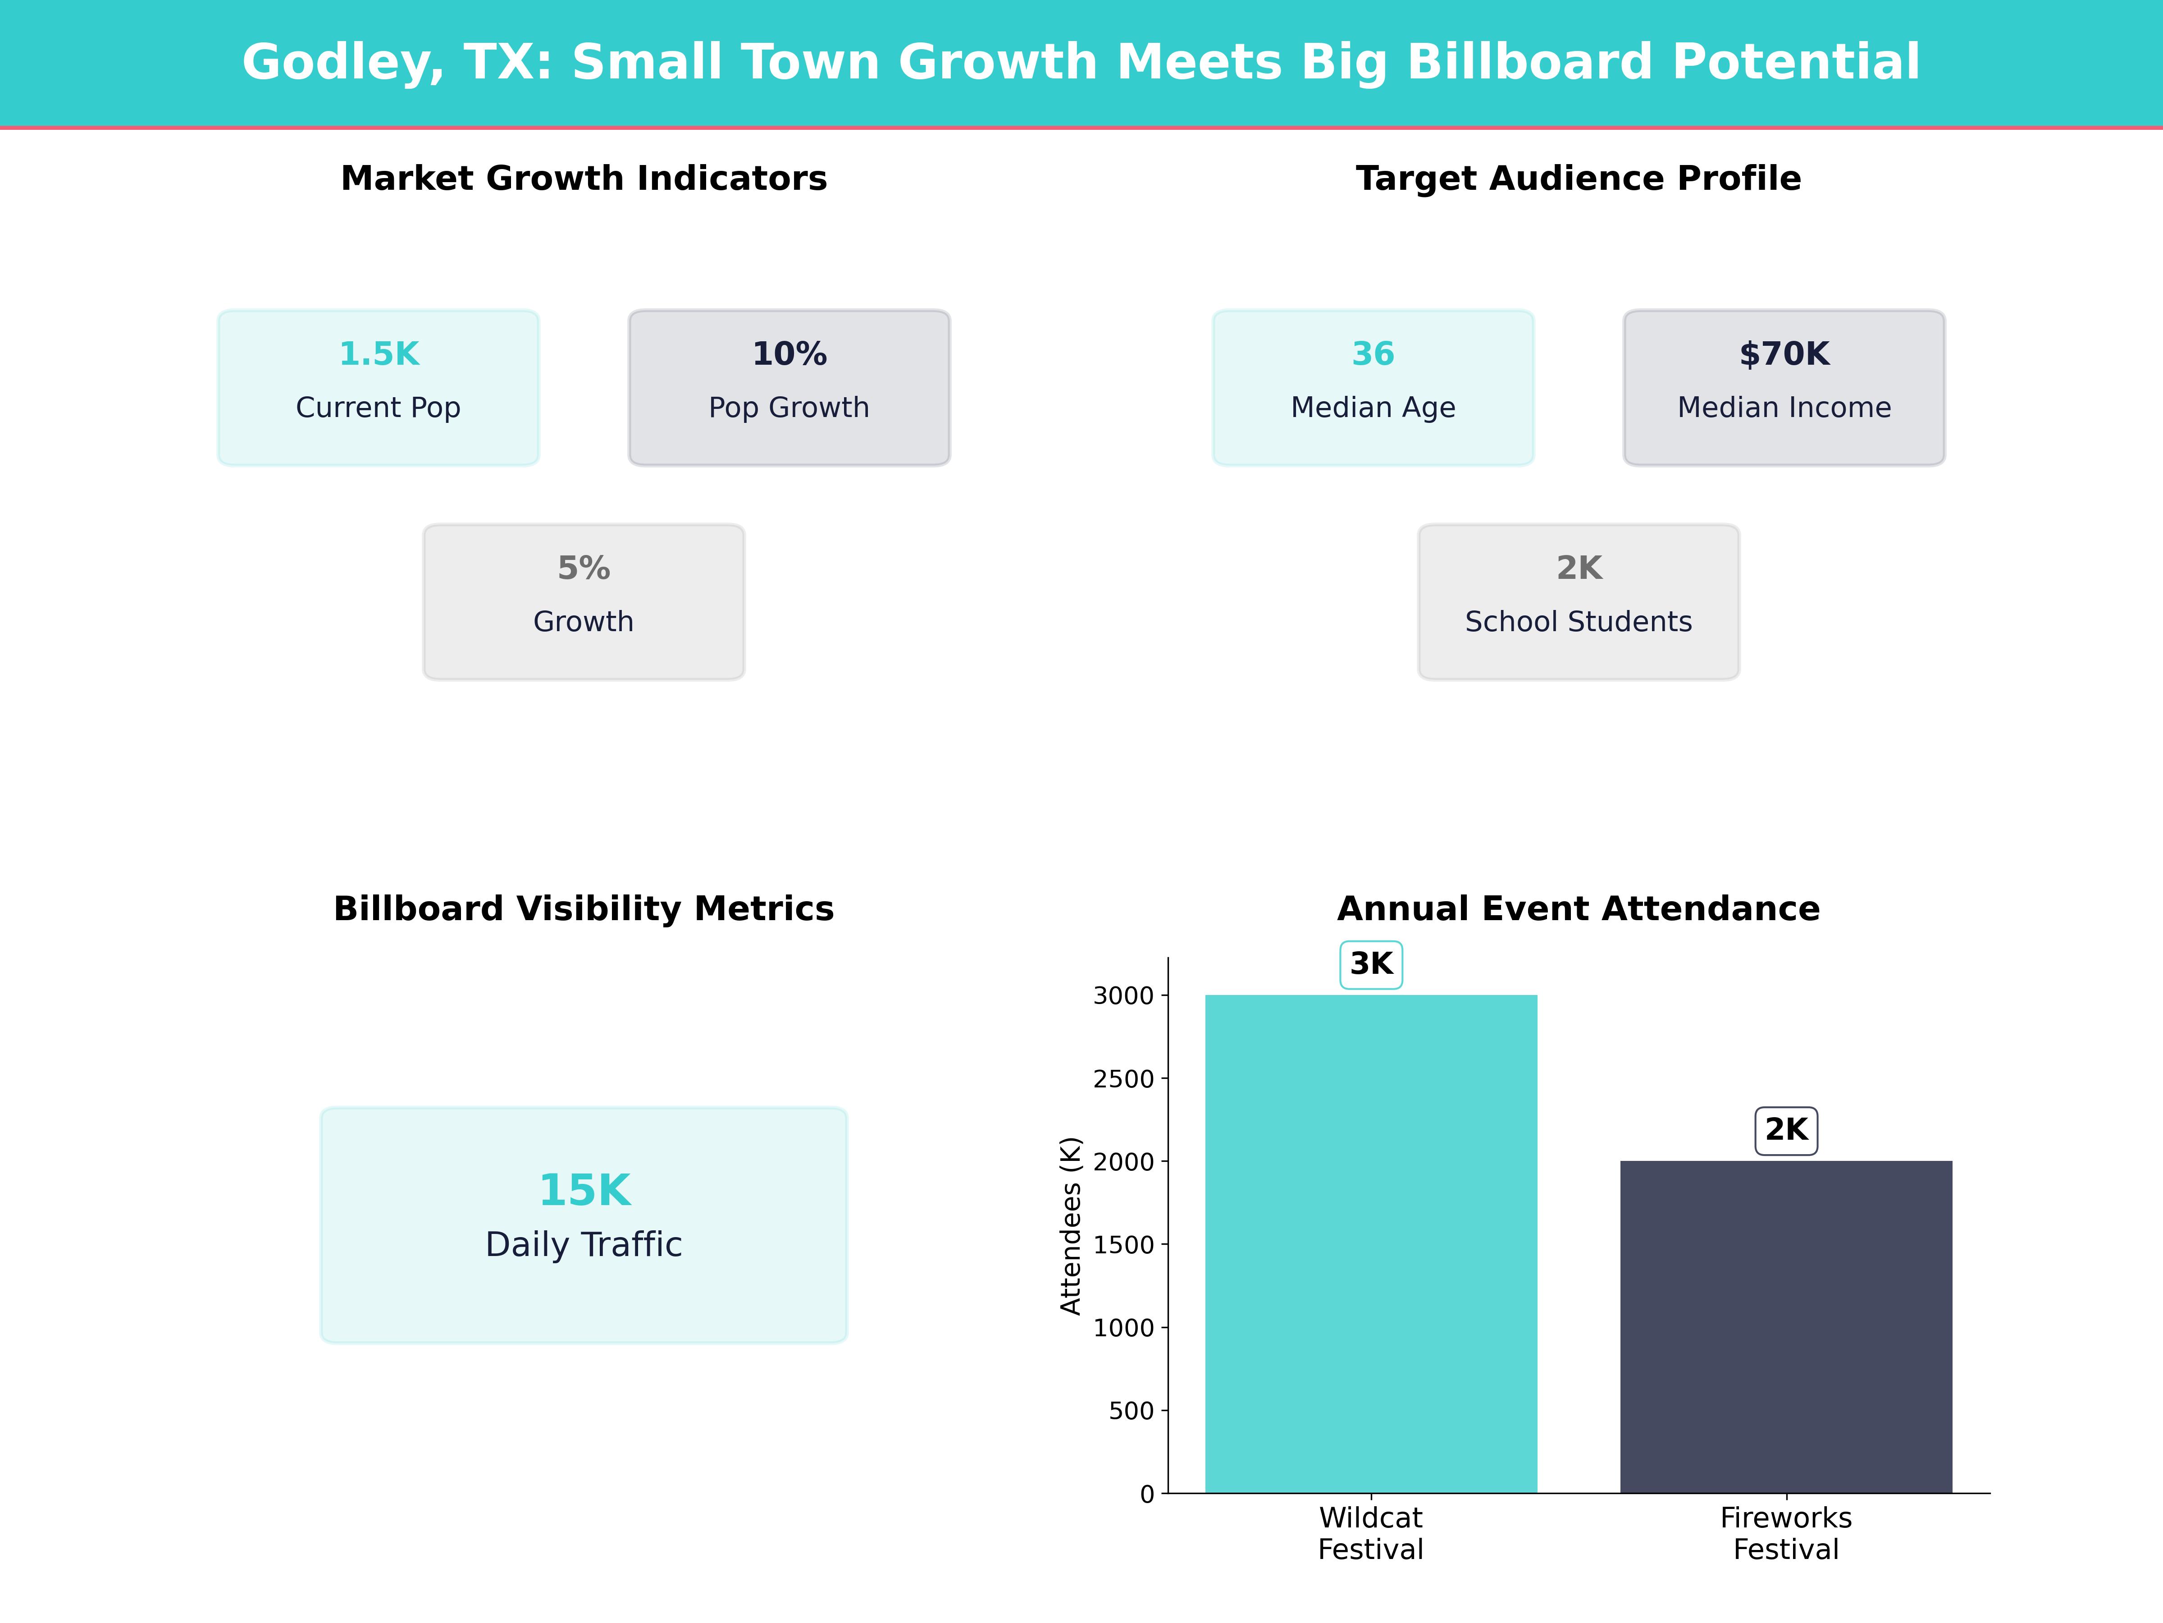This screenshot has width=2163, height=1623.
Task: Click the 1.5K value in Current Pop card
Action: click(379, 354)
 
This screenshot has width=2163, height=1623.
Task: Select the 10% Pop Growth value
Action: click(789, 354)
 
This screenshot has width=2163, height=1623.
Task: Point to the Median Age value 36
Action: click(1373, 354)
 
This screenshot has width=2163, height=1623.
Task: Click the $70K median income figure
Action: click(1784, 354)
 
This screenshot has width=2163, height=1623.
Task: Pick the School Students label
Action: click(1578, 622)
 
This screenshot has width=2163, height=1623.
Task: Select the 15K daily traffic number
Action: click(584, 1191)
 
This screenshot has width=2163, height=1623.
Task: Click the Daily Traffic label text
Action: click(584, 1244)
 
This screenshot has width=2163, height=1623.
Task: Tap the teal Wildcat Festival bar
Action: click(1371, 1242)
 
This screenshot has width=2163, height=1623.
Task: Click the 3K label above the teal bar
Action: click(1371, 965)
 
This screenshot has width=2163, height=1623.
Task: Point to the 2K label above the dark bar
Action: click(1785, 1130)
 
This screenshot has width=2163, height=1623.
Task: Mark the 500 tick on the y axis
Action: click(1132, 1411)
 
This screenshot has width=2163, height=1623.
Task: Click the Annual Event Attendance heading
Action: click(1578, 909)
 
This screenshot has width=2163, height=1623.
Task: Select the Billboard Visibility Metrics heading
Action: click(584, 909)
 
